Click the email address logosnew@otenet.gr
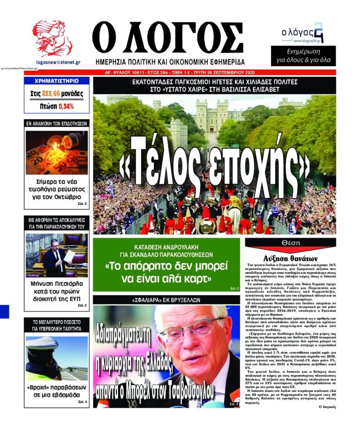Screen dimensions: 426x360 coord(58,62)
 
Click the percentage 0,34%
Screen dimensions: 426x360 coord(66,106)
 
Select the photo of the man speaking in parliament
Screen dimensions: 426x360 coord(56,255)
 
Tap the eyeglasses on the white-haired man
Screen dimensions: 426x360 coord(190,324)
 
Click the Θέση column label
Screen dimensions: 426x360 coord(291,242)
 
